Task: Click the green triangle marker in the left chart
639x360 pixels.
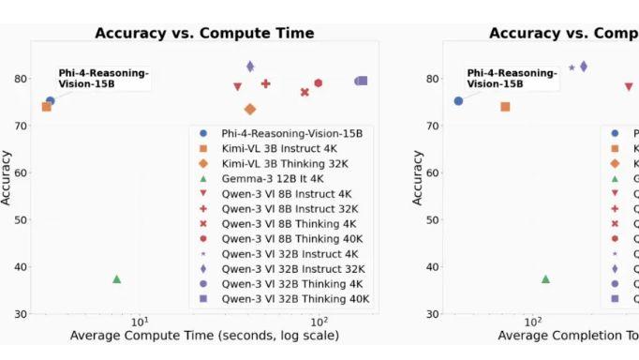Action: coord(117,278)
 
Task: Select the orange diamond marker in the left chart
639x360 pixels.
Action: coord(250,110)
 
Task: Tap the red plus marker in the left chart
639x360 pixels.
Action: coord(266,83)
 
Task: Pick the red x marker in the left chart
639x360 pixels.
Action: coord(305,92)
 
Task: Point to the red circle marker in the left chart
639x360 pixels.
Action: coord(319,83)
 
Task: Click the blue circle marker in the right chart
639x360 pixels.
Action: coord(458,100)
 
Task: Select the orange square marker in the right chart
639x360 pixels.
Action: coord(505,107)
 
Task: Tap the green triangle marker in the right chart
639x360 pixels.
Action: coord(545,278)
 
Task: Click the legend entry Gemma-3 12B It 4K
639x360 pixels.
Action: coord(273,178)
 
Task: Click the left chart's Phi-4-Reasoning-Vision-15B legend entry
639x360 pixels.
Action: coord(284,133)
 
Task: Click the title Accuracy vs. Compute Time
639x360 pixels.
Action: coord(204,34)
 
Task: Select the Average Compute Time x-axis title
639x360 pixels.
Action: coord(204,336)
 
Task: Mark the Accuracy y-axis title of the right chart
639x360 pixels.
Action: coord(418,172)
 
